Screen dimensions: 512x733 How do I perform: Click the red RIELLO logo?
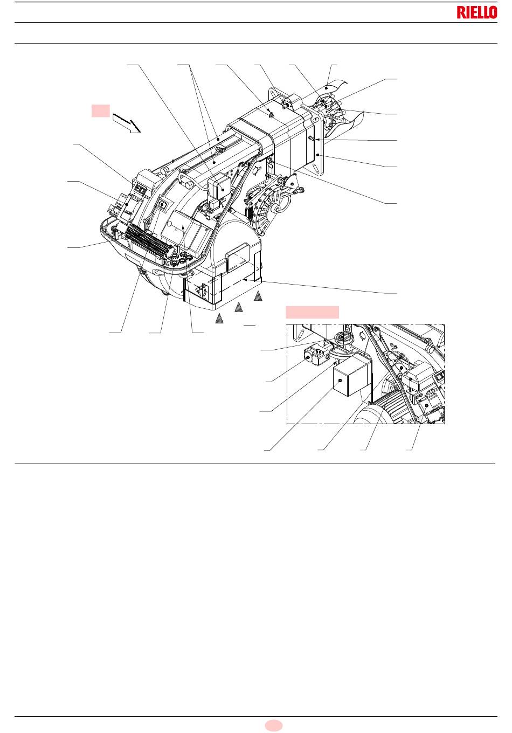point(476,13)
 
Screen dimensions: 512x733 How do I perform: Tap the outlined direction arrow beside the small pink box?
point(127,123)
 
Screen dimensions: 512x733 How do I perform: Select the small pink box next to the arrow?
point(100,111)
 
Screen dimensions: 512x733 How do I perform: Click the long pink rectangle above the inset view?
point(312,312)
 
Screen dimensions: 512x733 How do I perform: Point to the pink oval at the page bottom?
point(273,725)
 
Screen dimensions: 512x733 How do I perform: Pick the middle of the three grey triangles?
point(239,307)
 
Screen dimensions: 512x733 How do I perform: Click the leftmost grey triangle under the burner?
point(219,319)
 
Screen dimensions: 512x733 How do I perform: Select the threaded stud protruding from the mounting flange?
point(312,139)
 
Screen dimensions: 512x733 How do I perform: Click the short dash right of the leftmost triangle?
point(250,326)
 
